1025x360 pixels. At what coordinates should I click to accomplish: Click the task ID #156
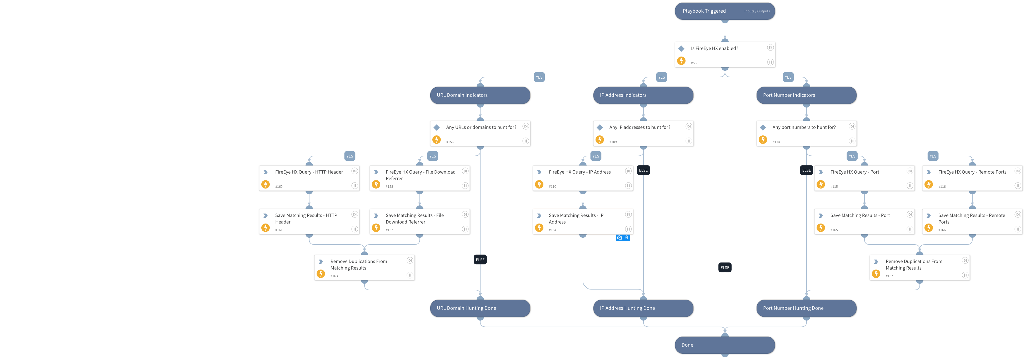point(450,142)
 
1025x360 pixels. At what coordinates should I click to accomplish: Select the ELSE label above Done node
point(724,268)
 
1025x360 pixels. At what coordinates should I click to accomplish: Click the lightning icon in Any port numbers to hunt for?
point(763,140)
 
